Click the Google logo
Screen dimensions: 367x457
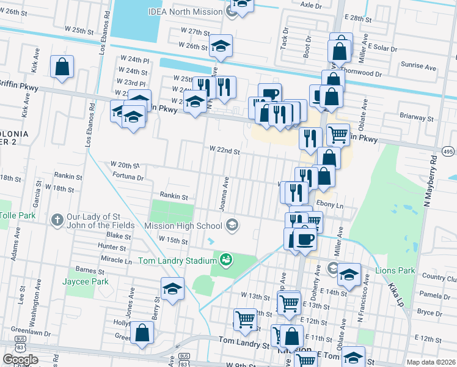20,360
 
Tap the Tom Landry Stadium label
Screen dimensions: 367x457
178,261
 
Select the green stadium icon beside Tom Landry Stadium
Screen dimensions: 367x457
225,261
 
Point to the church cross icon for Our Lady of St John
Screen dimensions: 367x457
57,218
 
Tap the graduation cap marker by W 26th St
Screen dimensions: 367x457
221,46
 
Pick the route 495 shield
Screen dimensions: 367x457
448,151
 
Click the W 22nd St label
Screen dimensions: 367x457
224,149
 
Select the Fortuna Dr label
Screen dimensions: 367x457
128,177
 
